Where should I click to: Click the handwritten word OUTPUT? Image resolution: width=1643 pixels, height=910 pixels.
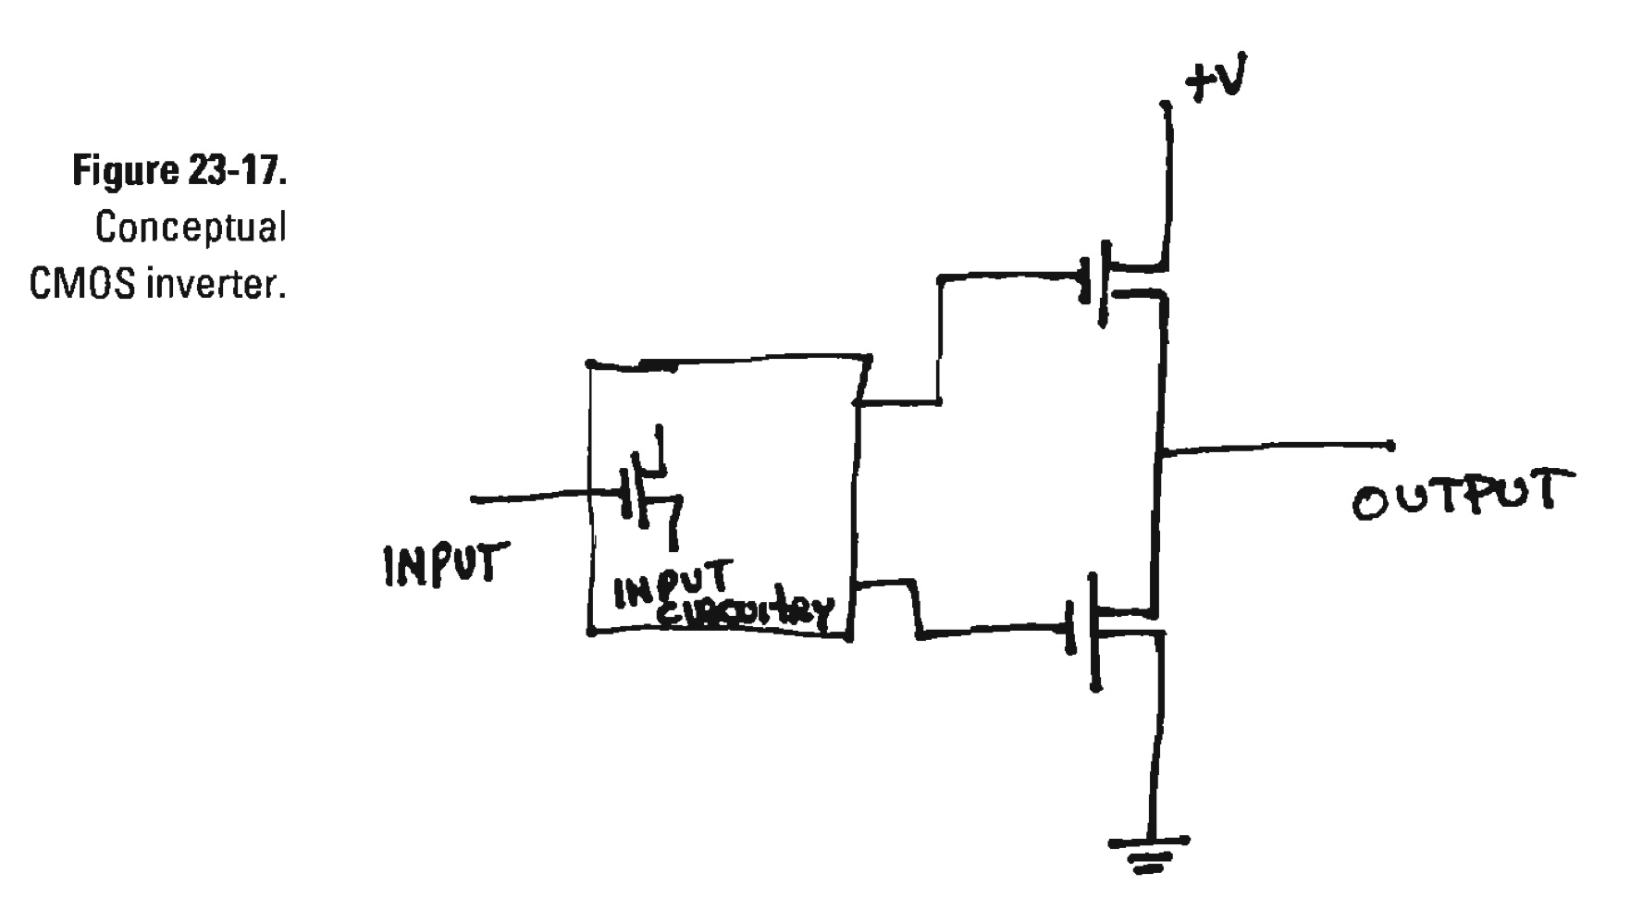pyautogui.click(x=1461, y=496)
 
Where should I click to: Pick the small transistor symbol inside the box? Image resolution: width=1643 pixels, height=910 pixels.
pyautogui.click(x=651, y=490)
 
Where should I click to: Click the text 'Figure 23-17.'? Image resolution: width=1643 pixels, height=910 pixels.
pyautogui.click(x=179, y=171)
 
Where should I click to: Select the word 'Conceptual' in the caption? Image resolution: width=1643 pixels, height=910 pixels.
pyautogui.click(x=191, y=227)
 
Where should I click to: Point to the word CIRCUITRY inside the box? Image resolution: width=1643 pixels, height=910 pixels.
pyautogui.click(x=745, y=611)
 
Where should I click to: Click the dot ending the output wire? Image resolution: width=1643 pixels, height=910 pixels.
pyautogui.click(x=1390, y=446)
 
